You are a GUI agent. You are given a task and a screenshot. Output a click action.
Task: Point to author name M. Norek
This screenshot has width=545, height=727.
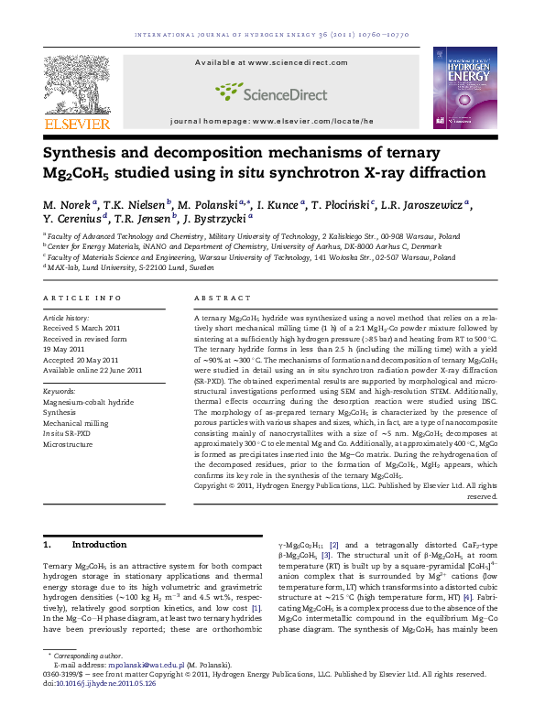65,204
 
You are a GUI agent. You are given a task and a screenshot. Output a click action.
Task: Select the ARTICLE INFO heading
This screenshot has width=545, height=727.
82,298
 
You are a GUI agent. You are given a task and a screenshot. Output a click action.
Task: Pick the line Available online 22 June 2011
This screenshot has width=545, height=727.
93,370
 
